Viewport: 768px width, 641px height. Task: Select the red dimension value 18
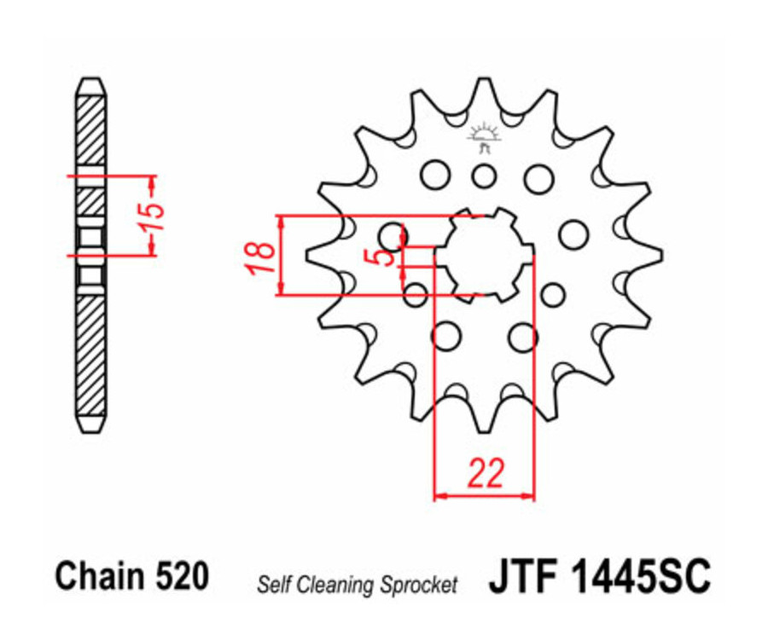pyautogui.click(x=261, y=256)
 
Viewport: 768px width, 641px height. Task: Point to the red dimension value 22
pyautogui.click(x=486, y=474)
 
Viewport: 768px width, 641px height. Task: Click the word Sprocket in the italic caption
pyautogui.click(x=419, y=585)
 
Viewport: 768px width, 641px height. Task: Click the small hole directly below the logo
pyautogui.click(x=485, y=177)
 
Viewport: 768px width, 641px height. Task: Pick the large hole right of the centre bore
pyautogui.click(x=573, y=233)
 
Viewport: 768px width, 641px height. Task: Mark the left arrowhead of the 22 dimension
pyautogui.click(x=440, y=494)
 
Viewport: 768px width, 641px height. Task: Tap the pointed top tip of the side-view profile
pyautogui.click(x=91, y=82)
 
